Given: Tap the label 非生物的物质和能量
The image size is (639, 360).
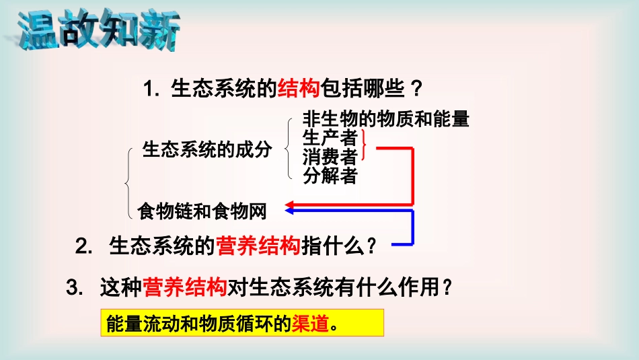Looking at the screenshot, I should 385,120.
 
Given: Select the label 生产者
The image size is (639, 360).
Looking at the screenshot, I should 330,139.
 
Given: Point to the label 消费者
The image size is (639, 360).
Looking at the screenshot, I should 330,157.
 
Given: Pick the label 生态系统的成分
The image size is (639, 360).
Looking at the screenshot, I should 207,149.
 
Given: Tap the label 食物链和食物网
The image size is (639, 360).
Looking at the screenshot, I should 202,212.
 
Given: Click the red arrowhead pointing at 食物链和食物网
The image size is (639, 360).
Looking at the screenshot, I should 291,204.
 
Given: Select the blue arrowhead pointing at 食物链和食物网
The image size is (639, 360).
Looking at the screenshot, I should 291,211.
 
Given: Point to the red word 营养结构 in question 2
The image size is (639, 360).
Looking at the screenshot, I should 257,246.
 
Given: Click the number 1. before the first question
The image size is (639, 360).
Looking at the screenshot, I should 151,89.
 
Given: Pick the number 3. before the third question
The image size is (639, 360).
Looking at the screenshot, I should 74,289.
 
